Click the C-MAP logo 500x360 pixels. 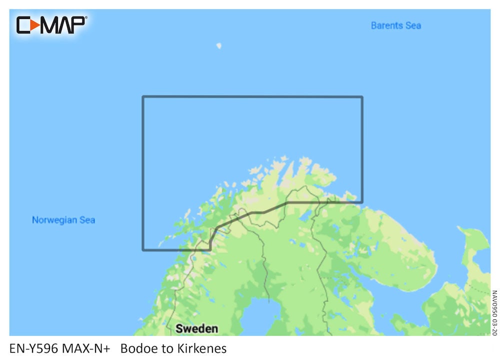(51, 25)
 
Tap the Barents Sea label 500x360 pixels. (395, 25)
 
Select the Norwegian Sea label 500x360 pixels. (63, 220)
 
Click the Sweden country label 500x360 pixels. (196, 328)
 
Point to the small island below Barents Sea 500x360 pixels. (218, 46)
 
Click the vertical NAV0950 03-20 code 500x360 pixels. (494, 313)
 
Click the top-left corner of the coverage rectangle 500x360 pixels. (143, 97)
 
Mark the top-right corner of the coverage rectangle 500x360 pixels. (362, 97)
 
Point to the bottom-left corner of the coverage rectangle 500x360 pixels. (143, 249)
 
